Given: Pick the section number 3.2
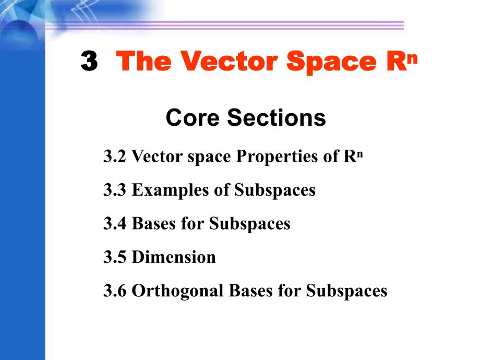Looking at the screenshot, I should [x=115, y=156].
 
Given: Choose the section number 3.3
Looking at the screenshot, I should [x=115, y=190].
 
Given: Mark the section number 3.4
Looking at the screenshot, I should [x=115, y=224].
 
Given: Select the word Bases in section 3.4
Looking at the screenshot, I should [x=154, y=224].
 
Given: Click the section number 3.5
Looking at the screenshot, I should [x=115, y=257].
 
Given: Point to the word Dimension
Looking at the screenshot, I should [x=174, y=257].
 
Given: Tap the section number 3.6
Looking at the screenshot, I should [x=115, y=291].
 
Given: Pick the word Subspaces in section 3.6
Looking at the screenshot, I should [x=346, y=291].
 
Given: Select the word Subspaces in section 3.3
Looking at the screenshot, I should [x=275, y=190].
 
